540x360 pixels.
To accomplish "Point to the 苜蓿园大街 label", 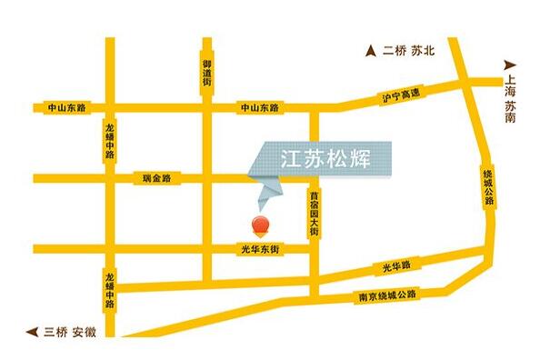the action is [x=314, y=214].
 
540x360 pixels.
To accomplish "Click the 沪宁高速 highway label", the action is [x=401, y=94].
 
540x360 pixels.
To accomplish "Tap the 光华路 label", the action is [x=396, y=266].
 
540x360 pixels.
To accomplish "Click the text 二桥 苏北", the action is [x=409, y=51].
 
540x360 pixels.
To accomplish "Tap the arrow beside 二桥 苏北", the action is [x=371, y=51].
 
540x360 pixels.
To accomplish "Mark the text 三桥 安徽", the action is [x=71, y=332].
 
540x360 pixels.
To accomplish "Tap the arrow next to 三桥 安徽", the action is [x=33, y=332].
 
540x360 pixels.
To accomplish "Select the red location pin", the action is [x=260, y=225].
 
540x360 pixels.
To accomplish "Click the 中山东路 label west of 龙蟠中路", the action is [x=66, y=107].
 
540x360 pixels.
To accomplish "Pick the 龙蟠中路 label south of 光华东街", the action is [x=109, y=290].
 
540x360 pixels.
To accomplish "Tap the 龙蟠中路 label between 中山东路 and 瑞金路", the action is [x=109, y=142].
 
